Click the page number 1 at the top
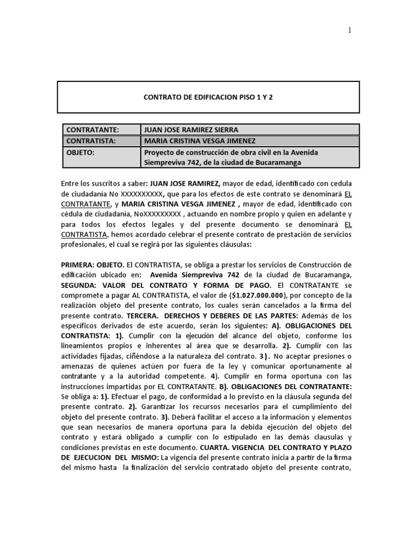350,31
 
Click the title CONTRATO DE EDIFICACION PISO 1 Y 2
208,97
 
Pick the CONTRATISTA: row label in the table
90,141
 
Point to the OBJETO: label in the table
81,153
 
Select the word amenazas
80,366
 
